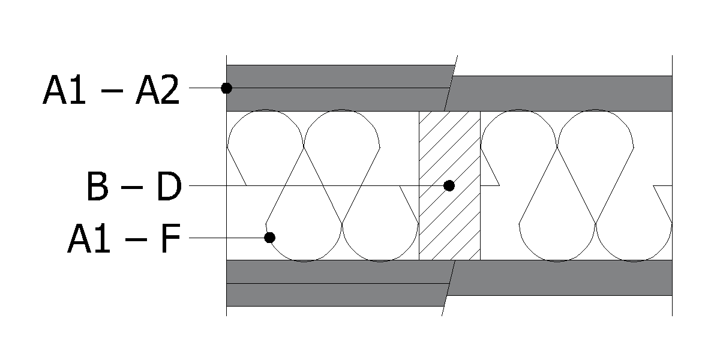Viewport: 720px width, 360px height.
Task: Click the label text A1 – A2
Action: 111,89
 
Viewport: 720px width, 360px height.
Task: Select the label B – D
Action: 134,187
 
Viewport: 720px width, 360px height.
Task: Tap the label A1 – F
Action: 124,238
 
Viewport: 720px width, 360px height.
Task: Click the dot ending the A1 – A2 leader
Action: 227,88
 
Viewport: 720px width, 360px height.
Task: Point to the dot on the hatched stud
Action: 449,186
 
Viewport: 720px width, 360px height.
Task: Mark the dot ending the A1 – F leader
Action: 269,238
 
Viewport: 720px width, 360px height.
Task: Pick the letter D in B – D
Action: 169,187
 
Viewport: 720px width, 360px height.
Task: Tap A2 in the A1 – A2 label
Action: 157,89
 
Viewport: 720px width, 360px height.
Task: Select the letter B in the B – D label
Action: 97,187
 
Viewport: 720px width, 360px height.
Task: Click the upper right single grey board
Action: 559,94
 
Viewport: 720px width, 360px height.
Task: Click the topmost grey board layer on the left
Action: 339,77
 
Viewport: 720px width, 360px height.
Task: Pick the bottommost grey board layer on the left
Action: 336,295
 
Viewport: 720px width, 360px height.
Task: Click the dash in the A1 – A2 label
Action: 112,91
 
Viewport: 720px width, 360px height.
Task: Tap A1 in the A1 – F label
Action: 89,238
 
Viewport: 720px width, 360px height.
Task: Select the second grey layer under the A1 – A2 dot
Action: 337,100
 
